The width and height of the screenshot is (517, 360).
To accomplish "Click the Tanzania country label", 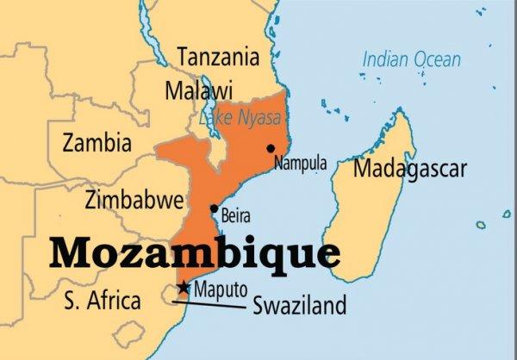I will tap(217, 58).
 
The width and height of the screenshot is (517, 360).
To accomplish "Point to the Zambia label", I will tap(97, 141).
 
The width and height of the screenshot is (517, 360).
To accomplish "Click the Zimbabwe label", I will tap(134, 201).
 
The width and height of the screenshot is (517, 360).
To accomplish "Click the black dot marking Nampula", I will tap(271, 148).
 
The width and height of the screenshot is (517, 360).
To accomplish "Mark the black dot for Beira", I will tap(214, 208).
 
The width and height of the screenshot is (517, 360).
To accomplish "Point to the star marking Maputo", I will tap(183, 288).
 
